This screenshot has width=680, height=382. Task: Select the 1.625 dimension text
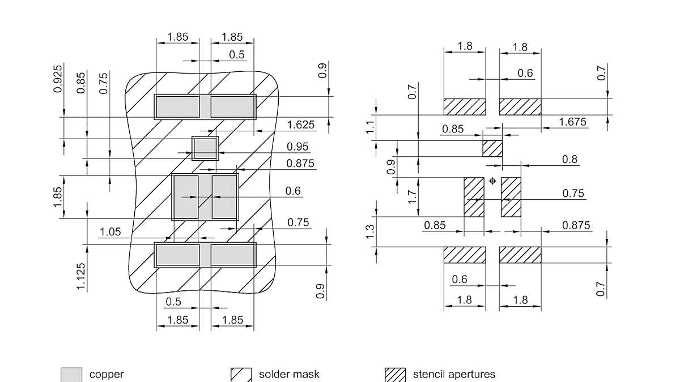(301, 125)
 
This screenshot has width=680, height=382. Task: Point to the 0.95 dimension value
(298, 147)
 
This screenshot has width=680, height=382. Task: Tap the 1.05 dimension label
(110, 231)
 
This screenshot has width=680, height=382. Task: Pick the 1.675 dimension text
(572, 122)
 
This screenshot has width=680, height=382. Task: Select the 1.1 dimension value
(371, 128)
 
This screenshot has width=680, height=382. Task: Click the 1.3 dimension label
(371, 231)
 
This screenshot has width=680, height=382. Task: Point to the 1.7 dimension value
(413, 197)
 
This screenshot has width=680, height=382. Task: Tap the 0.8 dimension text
(570, 159)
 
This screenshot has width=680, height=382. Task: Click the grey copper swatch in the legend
(71, 375)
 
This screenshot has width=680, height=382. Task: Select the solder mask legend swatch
(241, 375)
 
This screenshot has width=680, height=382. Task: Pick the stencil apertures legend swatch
(395, 375)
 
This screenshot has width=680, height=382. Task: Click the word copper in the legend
(107, 374)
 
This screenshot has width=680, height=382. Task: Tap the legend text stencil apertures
(454, 374)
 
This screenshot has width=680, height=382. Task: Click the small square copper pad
(205, 148)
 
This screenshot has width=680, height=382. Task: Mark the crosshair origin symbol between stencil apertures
(492, 181)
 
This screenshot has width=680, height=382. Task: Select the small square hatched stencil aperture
(492, 148)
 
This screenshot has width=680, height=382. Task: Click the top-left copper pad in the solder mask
(177, 106)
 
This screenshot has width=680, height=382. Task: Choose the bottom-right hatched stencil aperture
(520, 255)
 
